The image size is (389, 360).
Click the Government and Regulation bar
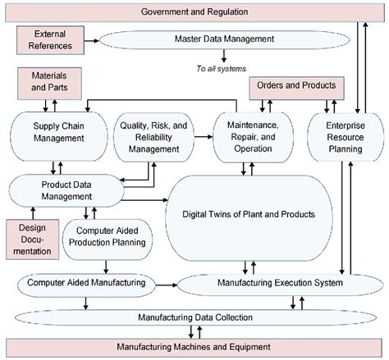click(194, 12)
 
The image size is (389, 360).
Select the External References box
click(50, 40)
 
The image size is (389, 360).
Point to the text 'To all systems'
click(224, 69)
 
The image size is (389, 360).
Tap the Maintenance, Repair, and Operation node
click(246, 133)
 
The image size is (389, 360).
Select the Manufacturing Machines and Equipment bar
click(194, 347)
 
